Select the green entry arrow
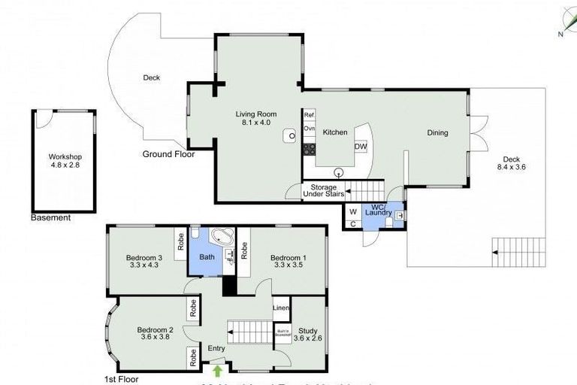pyautogui.click(x=218, y=369)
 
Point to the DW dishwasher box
pyautogui.click(x=361, y=147)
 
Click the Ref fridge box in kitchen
pyautogui.click(x=309, y=115)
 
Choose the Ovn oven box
pyautogui.click(x=309, y=129)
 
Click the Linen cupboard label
pyautogui.click(x=281, y=308)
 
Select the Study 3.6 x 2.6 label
pyautogui.click(x=308, y=333)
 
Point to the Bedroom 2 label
pyautogui.click(x=156, y=333)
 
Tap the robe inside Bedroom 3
pyautogui.click(x=181, y=242)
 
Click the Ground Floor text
pyautogui.click(x=168, y=154)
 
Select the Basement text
pyautogui.click(x=51, y=218)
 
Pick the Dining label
pyautogui.click(x=437, y=133)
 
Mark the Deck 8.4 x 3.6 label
pyautogui.click(x=511, y=163)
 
